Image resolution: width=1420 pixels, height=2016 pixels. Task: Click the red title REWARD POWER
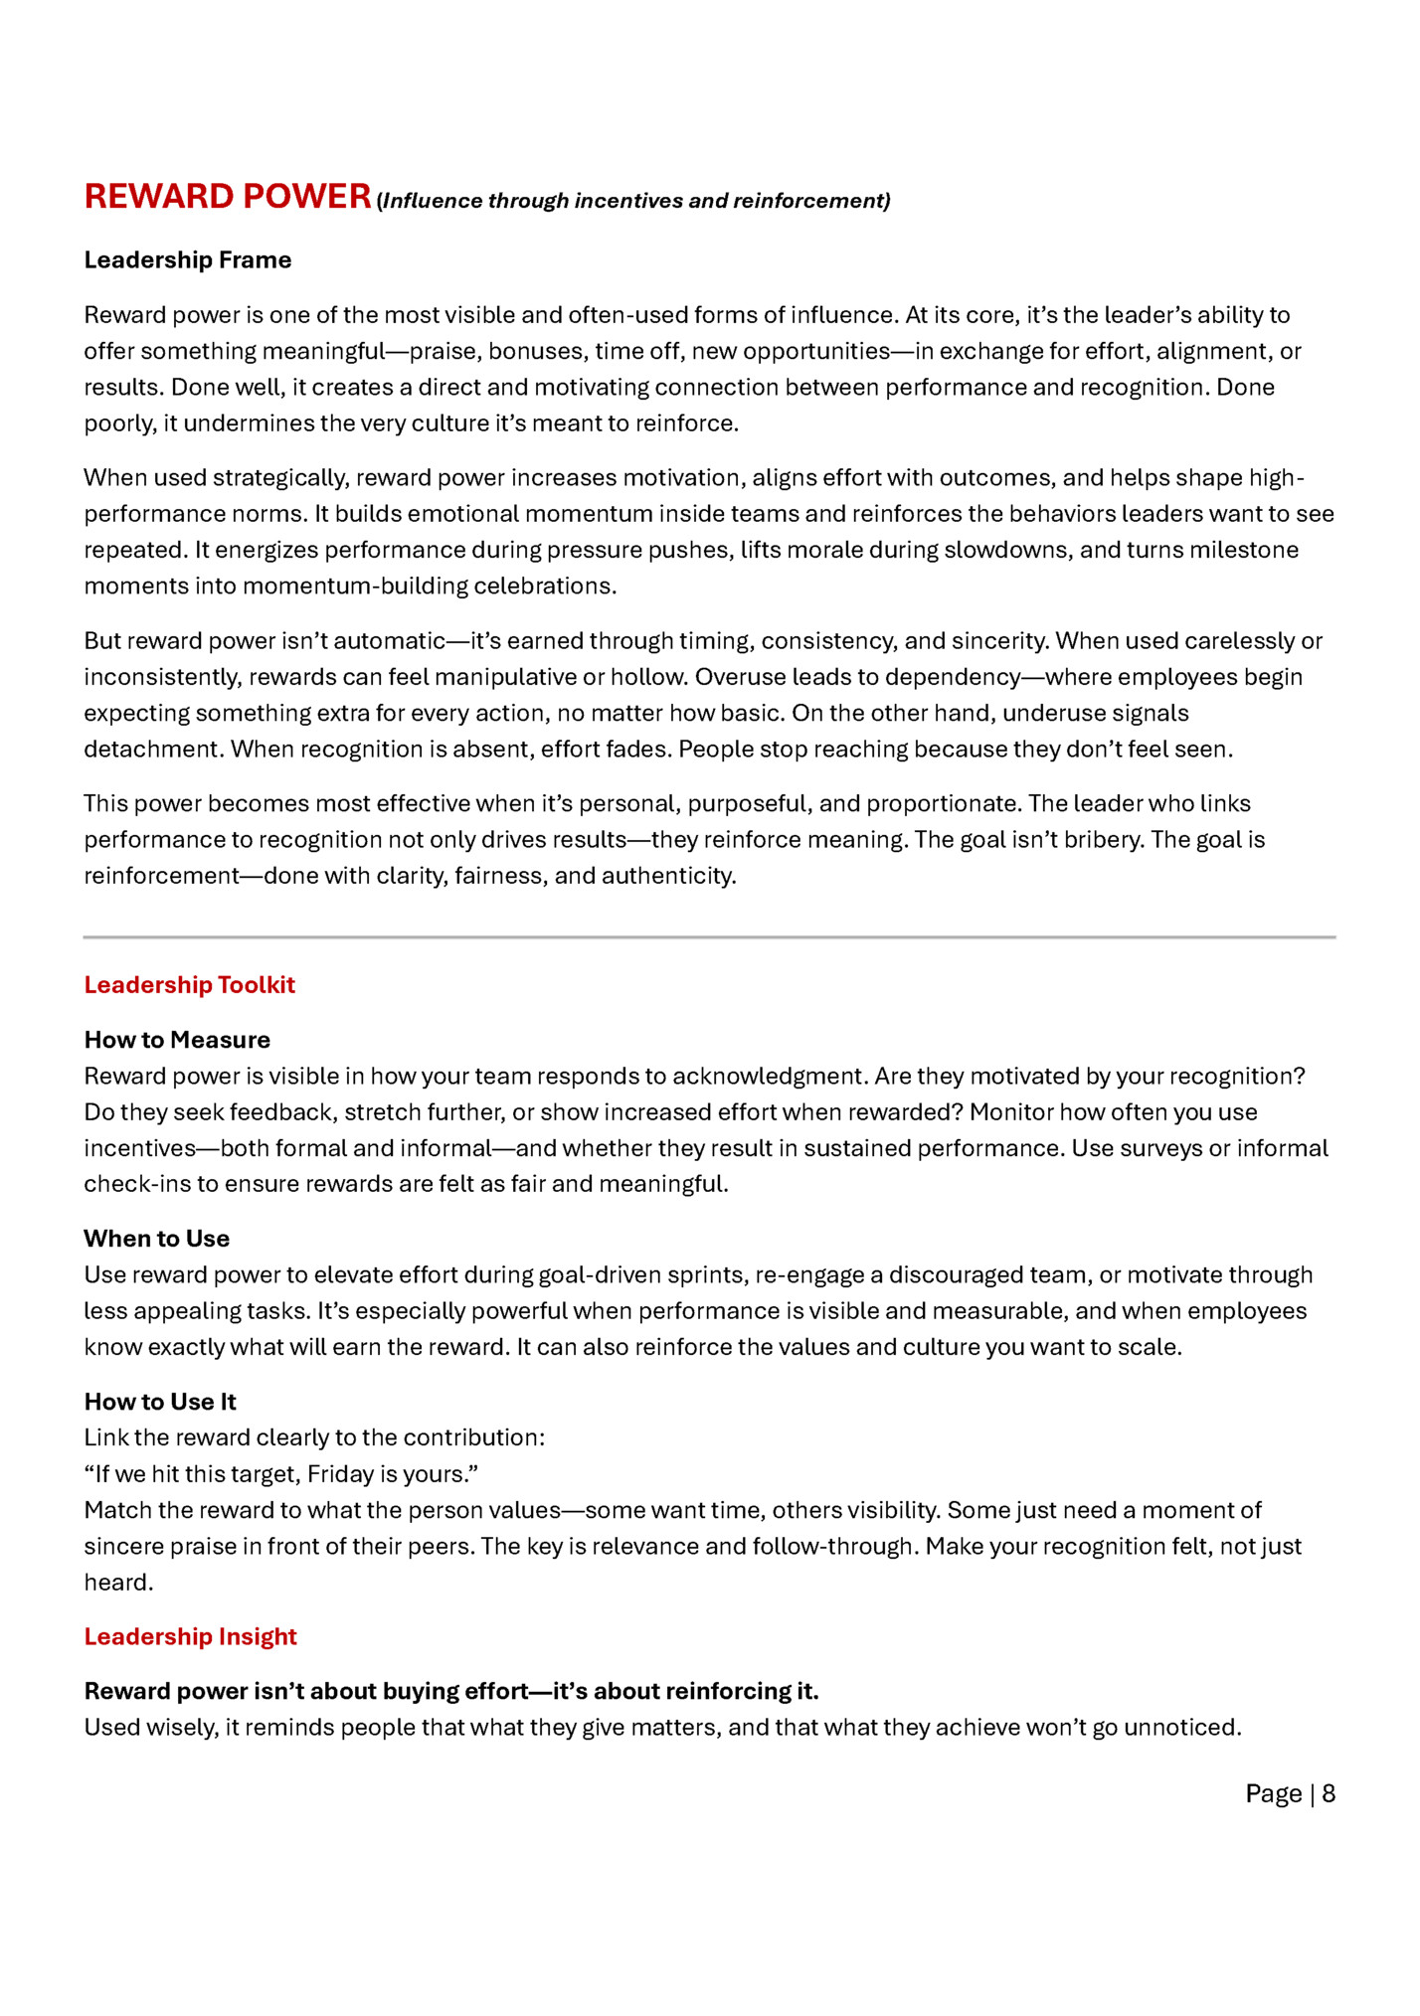point(227,196)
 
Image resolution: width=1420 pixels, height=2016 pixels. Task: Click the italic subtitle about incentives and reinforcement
point(634,201)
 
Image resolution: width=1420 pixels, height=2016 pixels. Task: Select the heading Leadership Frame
point(187,259)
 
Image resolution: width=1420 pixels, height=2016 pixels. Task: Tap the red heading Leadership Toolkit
point(189,984)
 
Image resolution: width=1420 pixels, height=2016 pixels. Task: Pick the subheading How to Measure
point(177,1040)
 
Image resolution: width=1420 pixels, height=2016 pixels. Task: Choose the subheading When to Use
point(156,1239)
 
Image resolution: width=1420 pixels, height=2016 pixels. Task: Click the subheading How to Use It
point(160,1402)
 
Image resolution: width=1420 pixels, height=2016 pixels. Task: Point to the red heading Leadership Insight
point(190,1636)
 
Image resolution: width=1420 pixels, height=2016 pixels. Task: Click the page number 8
point(1328,1793)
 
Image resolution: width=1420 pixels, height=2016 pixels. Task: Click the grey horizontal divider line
point(709,936)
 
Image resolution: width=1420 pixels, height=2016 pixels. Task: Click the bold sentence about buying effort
point(451,1691)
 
